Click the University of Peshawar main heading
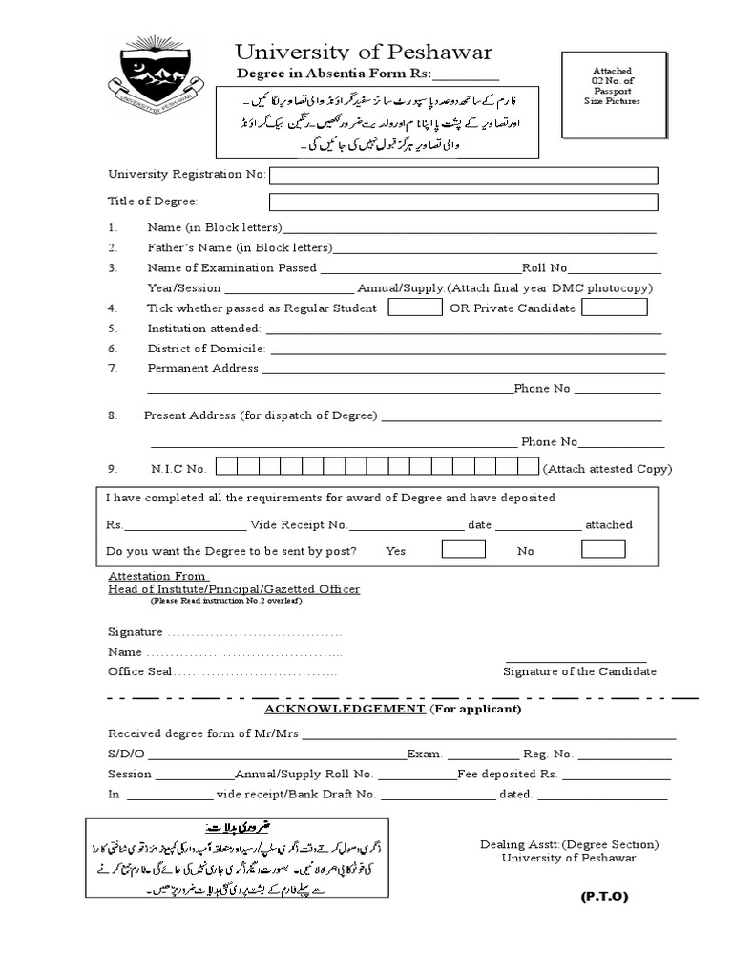click(x=365, y=52)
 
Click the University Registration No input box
click(x=464, y=175)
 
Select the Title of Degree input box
click(x=464, y=202)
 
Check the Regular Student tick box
click(x=415, y=308)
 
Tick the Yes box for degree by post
click(x=464, y=549)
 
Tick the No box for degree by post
click(x=603, y=549)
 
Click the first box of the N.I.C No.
click(x=224, y=467)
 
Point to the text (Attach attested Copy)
click(x=607, y=469)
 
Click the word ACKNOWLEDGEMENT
click(x=344, y=710)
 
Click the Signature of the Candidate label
click(x=579, y=671)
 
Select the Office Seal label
click(x=140, y=671)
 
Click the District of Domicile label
click(x=206, y=349)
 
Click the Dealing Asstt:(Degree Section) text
click(x=570, y=844)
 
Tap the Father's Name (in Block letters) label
click(x=240, y=247)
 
